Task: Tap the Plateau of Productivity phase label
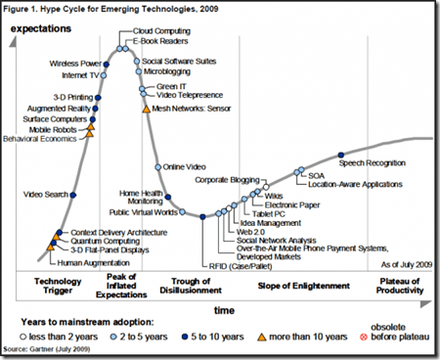click(x=404, y=288)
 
